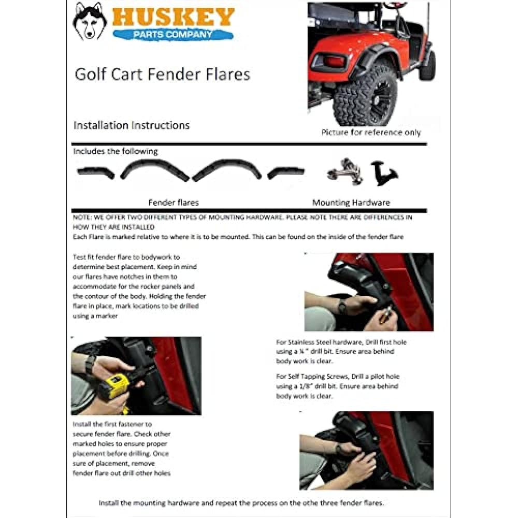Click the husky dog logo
(90, 22)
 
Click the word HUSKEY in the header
(173, 17)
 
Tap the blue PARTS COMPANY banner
(172, 35)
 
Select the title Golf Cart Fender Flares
(162, 74)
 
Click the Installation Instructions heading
(132, 125)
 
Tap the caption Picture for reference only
(371, 133)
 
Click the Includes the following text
(116, 151)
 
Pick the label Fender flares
(173, 203)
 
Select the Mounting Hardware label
(351, 203)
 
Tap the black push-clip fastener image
(384, 174)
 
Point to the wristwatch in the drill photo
(91, 364)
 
